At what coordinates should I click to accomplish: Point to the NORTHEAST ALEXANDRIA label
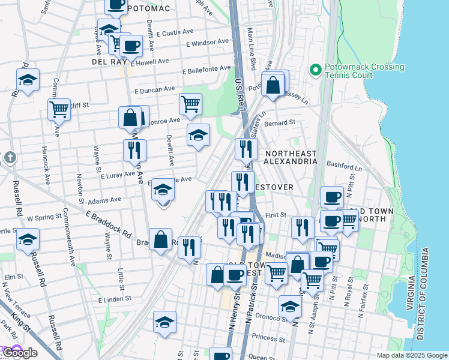click(x=291, y=158)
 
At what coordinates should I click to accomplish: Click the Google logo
click(x=19, y=353)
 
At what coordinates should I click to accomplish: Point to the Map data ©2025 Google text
click(x=411, y=355)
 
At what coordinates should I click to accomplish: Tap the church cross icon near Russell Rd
click(x=10, y=158)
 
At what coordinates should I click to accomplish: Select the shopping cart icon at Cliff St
click(x=59, y=109)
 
